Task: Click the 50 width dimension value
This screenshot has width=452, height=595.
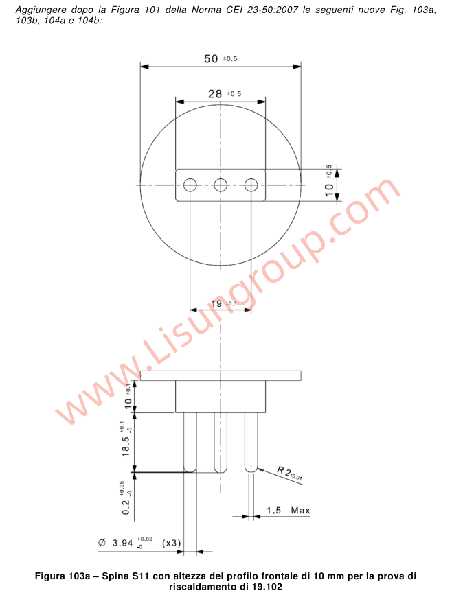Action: click(x=212, y=58)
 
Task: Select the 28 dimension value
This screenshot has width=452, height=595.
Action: click(x=215, y=93)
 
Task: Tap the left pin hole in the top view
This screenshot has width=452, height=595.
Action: click(x=190, y=185)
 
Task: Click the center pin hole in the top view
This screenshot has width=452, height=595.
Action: click(x=221, y=185)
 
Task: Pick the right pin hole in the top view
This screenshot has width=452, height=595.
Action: click(x=251, y=185)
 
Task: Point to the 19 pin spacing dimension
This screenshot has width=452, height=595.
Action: click(x=217, y=303)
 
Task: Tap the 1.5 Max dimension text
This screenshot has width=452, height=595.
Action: click(x=288, y=511)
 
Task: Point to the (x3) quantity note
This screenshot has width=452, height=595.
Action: click(x=171, y=543)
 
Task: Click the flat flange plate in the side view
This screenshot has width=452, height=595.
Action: click(x=221, y=375)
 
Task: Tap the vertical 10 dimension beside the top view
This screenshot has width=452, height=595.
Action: click(x=329, y=185)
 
